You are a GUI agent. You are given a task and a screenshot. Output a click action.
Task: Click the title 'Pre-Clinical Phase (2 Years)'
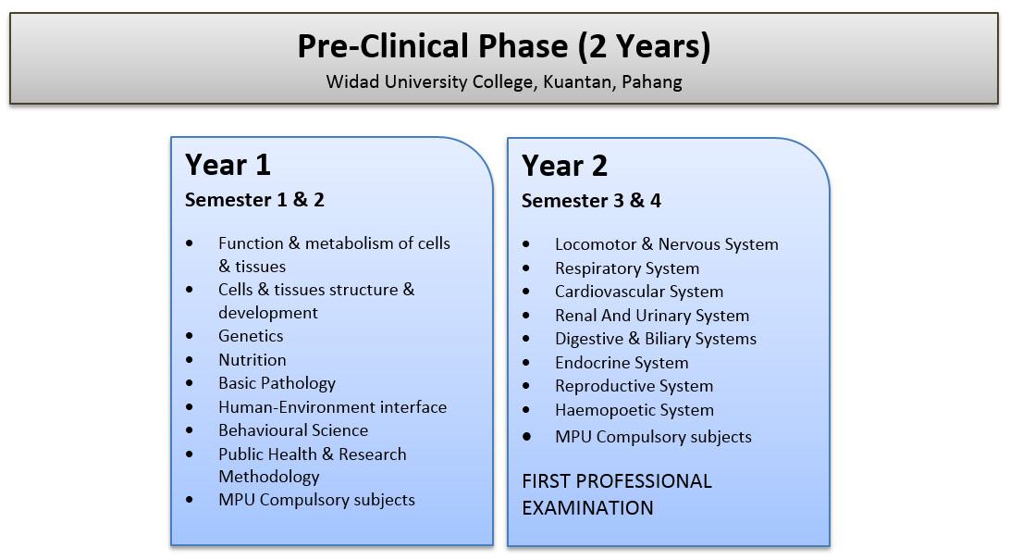504,46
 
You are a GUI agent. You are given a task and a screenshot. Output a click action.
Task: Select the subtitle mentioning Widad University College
504,82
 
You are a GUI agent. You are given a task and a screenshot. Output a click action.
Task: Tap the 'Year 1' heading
228,165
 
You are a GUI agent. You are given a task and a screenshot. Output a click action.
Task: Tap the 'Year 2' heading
564,167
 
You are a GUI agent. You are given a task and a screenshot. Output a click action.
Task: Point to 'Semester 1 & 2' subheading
254,200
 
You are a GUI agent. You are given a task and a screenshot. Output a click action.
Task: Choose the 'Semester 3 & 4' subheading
591,201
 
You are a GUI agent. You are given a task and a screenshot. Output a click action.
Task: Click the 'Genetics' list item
251,336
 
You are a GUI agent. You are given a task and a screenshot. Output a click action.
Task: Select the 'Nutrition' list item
252,359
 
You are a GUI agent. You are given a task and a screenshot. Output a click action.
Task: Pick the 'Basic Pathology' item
277,383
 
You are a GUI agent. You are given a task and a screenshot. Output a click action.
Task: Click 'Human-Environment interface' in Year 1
332,407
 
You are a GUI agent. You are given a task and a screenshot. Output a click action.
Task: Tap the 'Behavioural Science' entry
293,430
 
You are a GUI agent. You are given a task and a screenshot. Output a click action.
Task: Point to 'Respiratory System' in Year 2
627,268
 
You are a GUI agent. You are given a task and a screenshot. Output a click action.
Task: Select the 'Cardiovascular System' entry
639,292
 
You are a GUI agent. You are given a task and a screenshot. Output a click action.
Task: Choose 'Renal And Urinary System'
652,316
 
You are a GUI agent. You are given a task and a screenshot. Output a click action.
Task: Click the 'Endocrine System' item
622,363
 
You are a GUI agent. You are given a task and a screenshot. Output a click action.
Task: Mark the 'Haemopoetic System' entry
634,410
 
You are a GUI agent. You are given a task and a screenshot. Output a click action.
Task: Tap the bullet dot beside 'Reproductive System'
526,386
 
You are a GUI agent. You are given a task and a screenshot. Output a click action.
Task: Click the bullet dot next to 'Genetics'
190,336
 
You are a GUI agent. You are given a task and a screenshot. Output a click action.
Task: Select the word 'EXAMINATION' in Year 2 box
587,508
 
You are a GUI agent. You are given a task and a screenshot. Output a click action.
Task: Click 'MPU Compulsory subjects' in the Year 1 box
316,500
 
